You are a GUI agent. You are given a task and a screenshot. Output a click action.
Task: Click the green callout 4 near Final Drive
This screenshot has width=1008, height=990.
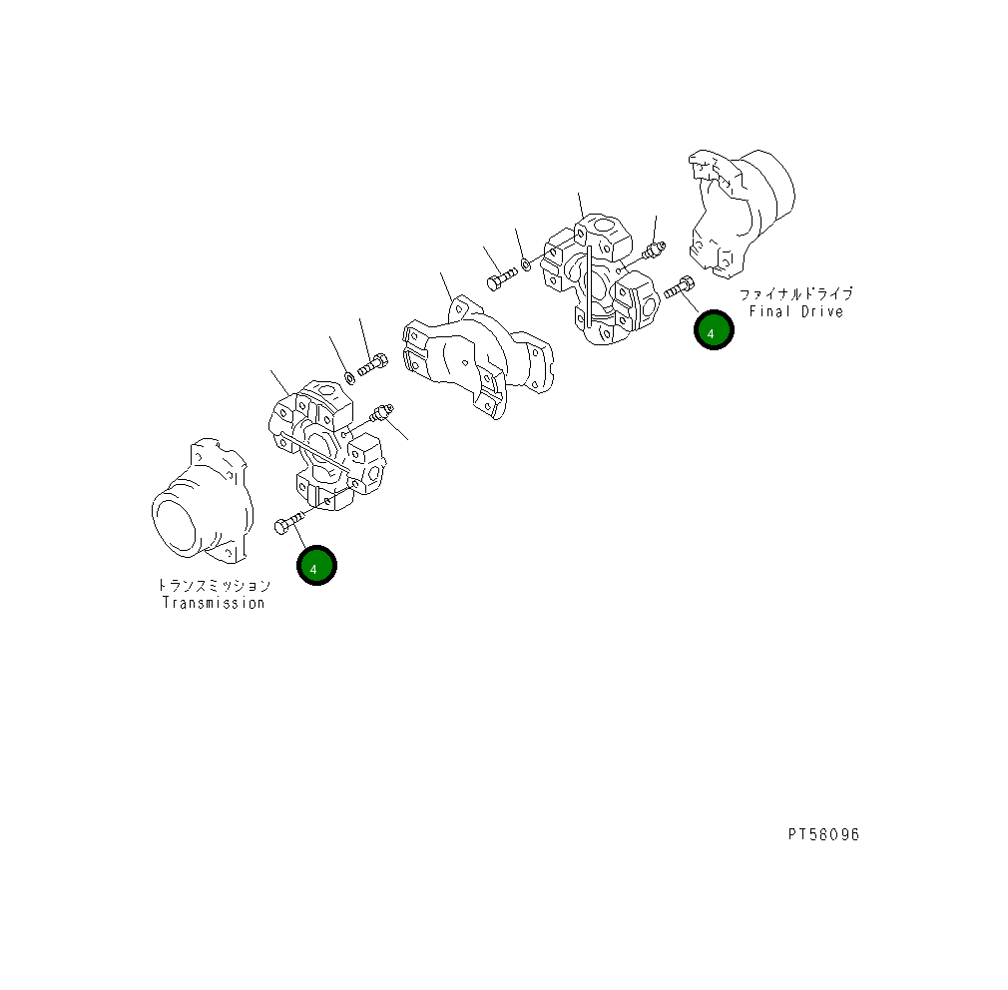coord(714,329)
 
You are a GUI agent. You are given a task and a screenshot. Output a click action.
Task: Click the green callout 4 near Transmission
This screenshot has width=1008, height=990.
coord(316,565)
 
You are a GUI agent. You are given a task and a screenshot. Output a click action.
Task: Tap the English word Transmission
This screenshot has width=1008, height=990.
coord(214,603)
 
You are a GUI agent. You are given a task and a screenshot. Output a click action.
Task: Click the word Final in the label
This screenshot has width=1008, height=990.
coord(769,311)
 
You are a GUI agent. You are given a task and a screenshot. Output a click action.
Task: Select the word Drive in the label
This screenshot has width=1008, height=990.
coord(822,311)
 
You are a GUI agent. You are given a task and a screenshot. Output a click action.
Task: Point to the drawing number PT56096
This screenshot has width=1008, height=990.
coord(823,834)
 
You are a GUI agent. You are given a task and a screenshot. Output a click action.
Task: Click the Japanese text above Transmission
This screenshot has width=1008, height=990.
coord(214,585)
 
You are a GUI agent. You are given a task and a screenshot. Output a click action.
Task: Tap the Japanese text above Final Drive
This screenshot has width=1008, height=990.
coord(795,294)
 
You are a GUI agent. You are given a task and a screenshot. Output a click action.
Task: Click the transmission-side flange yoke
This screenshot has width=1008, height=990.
coord(203,500)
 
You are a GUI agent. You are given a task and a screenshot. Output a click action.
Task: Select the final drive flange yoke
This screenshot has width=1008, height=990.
coord(741,213)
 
